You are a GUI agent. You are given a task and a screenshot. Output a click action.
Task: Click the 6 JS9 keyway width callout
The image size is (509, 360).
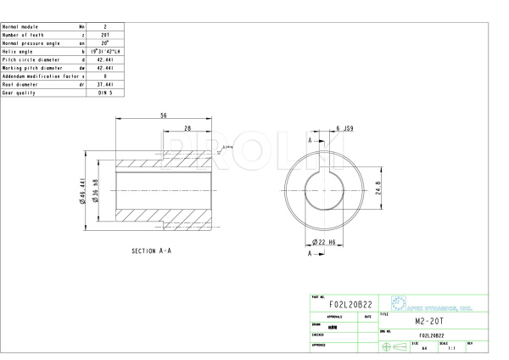[344, 128]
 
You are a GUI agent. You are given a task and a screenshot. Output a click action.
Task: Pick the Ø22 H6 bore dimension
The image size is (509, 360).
[326, 242]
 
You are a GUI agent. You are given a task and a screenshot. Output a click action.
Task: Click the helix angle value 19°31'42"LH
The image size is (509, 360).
[105, 52]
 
